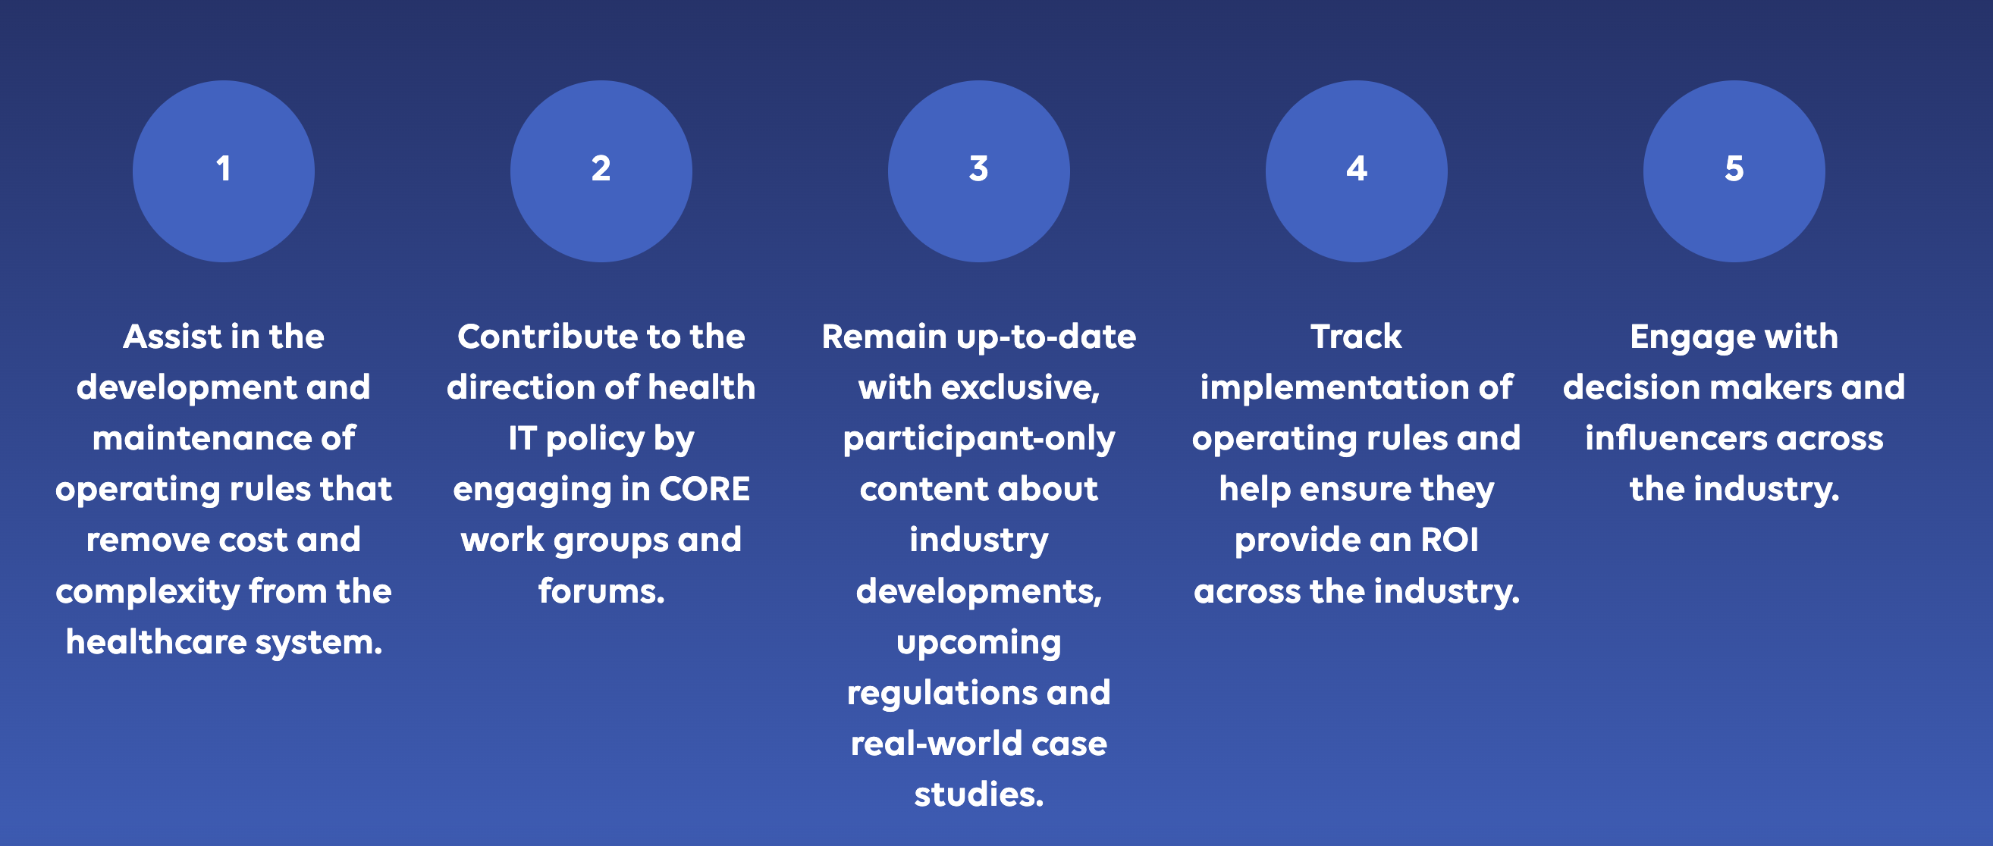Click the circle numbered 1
224,171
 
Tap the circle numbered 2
601,171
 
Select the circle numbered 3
979,171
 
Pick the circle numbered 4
1356,171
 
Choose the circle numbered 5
1734,171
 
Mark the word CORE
704,489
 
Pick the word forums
601,591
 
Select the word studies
979,794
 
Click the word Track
1356,337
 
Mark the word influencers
1675,438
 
